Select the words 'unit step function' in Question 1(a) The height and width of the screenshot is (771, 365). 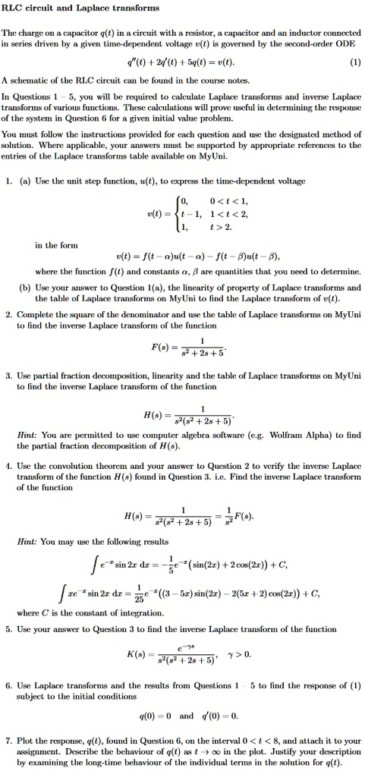click(108, 181)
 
